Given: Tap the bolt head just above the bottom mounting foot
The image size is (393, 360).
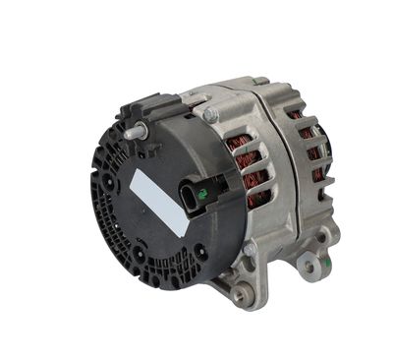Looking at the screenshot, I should click(x=252, y=250).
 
